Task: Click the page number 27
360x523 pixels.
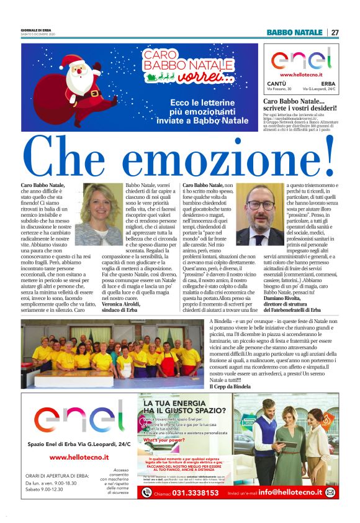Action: click(335, 32)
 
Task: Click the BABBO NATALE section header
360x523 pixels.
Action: click(294, 32)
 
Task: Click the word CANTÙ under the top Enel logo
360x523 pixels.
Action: click(276, 84)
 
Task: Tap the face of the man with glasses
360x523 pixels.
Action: click(259, 205)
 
